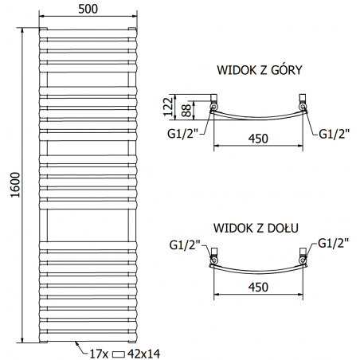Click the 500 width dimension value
(x=88, y=9)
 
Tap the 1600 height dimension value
(x=16, y=185)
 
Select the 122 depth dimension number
(x=168, y=107)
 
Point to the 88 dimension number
(x=186, y=111)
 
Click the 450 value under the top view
(x=258, y=139)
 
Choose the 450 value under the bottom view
(x=258, y=288)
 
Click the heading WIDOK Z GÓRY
(x=260, y=70)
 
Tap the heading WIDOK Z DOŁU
(x=256, y=228)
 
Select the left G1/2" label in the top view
(x=183, y=134)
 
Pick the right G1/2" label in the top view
(x=334, y=134)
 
